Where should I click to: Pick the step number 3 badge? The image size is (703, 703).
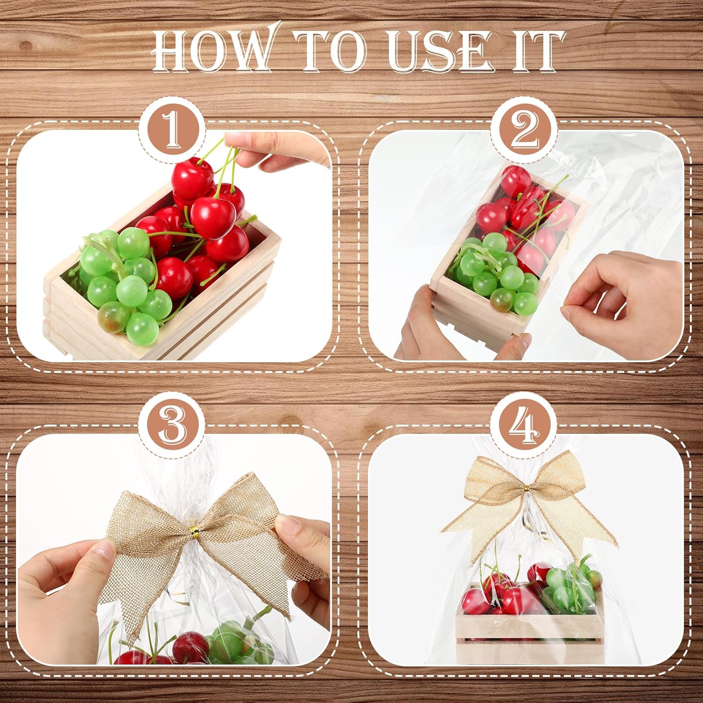tap(172, 427)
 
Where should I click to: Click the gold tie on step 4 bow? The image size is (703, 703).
tap(526, 489)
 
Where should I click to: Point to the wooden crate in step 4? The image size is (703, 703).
tap(527, 633)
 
